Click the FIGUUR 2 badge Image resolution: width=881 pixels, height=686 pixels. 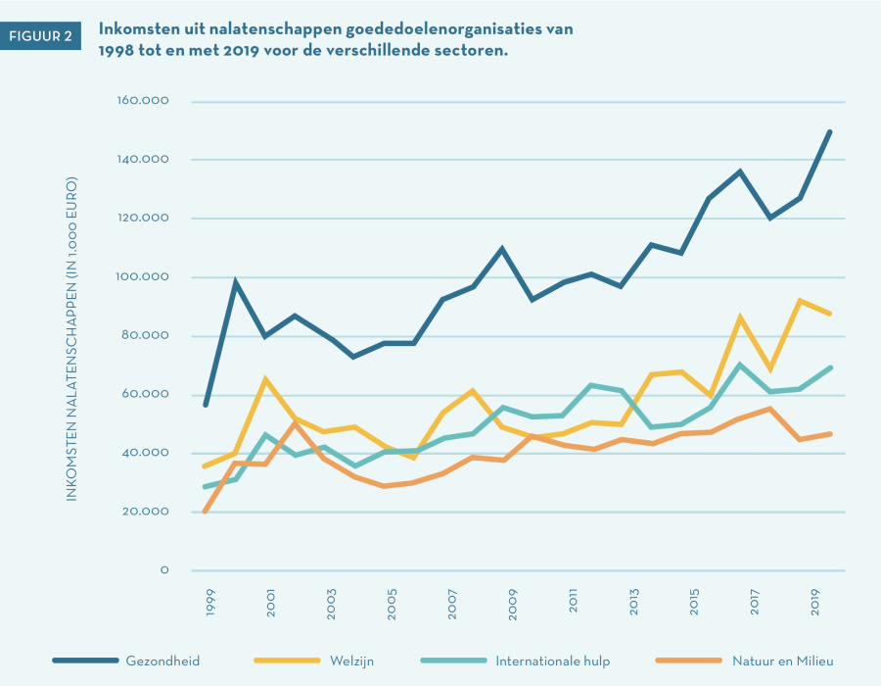pos(39,35)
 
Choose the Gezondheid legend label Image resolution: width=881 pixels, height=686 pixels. pos(162,661)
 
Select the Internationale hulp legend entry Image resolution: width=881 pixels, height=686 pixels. pos(552,661)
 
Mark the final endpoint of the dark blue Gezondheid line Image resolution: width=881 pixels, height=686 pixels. pos(831,130)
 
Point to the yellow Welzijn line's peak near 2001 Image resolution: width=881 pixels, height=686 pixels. pos(265,378)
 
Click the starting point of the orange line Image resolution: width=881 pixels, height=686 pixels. pos(205,512)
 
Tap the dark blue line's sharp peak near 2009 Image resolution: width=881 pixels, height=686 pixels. pos(501,248)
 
